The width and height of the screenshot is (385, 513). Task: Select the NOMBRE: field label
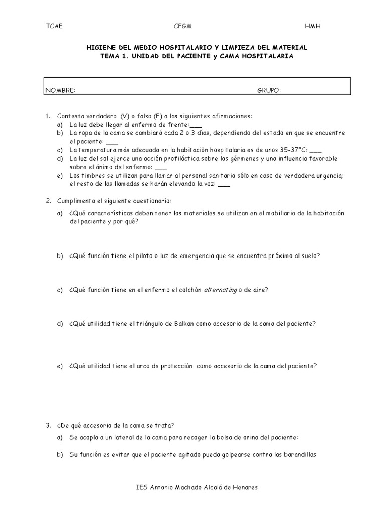pyautogui.click(x=60, y=90)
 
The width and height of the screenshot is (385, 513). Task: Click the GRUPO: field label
pyautogui.click(x=269, y=90)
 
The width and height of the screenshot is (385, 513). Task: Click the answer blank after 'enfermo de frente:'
pyautogui.click(x=196, y=125)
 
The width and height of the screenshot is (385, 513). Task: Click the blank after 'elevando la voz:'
pyautogui.click(x=211, y=184)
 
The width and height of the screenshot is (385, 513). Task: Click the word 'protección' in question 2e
pyautogui.click(x=175, y=366)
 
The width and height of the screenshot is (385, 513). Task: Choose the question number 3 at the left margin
pyautogui.click(x=48, y=425)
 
